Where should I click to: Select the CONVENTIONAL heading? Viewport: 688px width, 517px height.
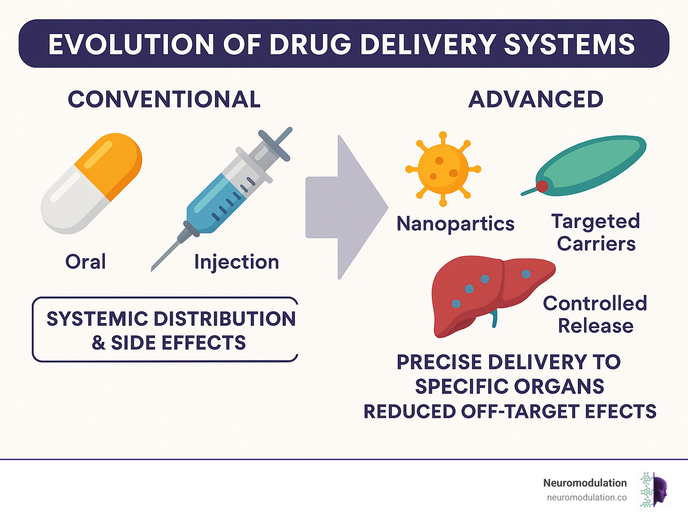(x=164, y=99)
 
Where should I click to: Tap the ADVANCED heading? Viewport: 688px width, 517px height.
(x=536, y=99)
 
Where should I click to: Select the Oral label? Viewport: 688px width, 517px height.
(x=86, y=262)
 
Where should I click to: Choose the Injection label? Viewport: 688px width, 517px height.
(x=236, y=262)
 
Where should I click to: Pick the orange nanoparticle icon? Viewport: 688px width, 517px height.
(x=443, y=169)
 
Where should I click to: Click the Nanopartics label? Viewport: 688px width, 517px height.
(x=456, y=224)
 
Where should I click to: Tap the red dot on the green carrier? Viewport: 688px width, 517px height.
(x=542, y=186)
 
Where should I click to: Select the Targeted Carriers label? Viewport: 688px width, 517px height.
(x=596, y=233)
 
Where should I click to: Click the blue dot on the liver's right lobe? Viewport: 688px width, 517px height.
(x=526, y=273)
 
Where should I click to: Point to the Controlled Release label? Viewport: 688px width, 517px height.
(x=595, y=315)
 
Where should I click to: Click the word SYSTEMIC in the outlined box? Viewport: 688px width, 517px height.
(x=97, y=319)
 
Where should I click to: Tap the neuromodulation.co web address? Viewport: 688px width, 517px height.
(x=586, y=497)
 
